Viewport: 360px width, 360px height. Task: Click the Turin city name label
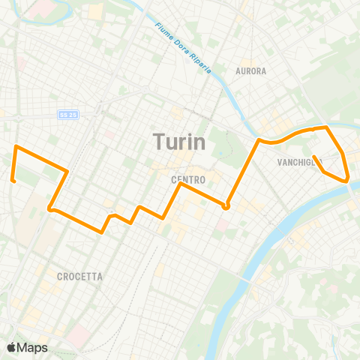pyautogui.click(x=179, y=141)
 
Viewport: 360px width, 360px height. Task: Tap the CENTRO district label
pyautogui.click(x=188, y=180)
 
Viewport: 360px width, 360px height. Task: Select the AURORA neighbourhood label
pyautogui.click(x=250, y=71)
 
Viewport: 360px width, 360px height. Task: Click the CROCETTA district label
pyautogui.click(x=79, y=277)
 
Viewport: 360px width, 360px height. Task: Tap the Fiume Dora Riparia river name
pyautogui.click(x=184, y=47)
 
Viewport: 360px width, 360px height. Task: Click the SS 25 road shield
pyautogui.click(x=67, y=115)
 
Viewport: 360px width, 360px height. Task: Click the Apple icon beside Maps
pyautogui.click(x=11, y=347)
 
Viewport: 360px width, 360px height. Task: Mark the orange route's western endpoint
pyautogui.click(x=13, y=179)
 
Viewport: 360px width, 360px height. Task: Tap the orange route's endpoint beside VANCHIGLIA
pyautogui.click(x=313, y=157)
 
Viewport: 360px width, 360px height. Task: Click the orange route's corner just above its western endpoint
pyautogui.click(x=16, y=146)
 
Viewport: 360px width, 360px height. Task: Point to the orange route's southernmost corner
pyautogui.click(x=102, y=232)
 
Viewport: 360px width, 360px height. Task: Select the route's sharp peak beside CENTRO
pyautogui.click(x=180, y=184)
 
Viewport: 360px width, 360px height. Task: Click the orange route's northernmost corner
pyautogui.click(x=328, y=127)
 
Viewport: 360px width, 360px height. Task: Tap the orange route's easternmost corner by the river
pyautogui.click(x=348, y=180)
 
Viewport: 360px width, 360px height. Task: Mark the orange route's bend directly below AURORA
pyautogui.click(x=259, y=140)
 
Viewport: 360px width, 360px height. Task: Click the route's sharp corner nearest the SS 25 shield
pyautogui.click(x=68, y=172)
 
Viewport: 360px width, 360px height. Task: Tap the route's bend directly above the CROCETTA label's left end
pyautogui.click(x=49, y=208)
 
